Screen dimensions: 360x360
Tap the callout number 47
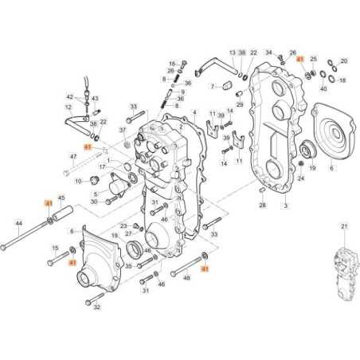(73, 158)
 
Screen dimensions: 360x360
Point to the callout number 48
(186, 279)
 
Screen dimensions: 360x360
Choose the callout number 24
(301, 179)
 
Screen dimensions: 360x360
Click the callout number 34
(268, 51)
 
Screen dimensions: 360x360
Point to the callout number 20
(344, 61)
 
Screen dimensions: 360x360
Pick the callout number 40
(323, 89)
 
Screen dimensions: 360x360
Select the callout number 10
(78, 181)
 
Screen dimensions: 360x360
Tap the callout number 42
(69, 96)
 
